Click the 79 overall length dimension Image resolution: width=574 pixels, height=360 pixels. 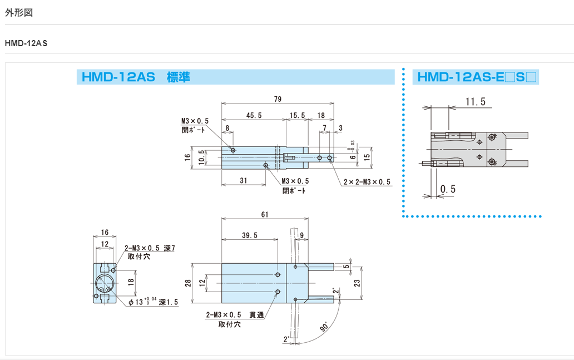point(278,99)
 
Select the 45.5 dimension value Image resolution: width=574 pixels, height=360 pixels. point(253,115)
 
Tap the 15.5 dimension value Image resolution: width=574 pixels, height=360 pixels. point(298,115)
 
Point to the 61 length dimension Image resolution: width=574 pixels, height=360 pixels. point(264,215)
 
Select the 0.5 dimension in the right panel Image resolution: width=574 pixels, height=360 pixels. point(448,189)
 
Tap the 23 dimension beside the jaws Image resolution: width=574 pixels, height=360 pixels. point(357,283)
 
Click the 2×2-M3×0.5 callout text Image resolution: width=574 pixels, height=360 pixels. point(367,182)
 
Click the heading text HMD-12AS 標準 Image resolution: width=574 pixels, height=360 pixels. point(136,77)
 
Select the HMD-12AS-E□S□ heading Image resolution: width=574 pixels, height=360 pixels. point(477,77)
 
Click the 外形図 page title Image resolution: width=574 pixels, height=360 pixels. point(19,12)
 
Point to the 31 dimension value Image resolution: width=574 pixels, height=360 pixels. point(244,180)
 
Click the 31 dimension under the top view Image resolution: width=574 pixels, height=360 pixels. point(244,180)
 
